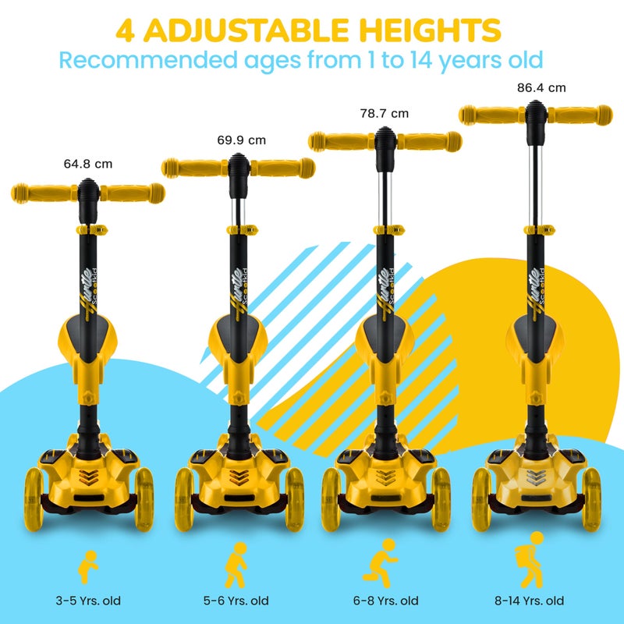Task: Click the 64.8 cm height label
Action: [x=88, y=165]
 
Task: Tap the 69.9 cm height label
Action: [x=241, y=140]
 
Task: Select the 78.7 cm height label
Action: [x=384, y=114]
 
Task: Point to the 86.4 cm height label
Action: [x=541, y=88]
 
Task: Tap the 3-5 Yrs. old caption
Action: [x=87, y=601]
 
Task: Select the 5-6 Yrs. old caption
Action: [x=237, y=601]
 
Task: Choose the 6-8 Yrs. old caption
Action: [x=387, y=601]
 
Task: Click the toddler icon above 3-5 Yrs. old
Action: [x=89, y=565]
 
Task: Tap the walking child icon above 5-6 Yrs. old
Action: [x=236, y=563]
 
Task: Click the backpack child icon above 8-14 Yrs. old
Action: [x=534, y=559]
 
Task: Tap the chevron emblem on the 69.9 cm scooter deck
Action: [x=238, y=475]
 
